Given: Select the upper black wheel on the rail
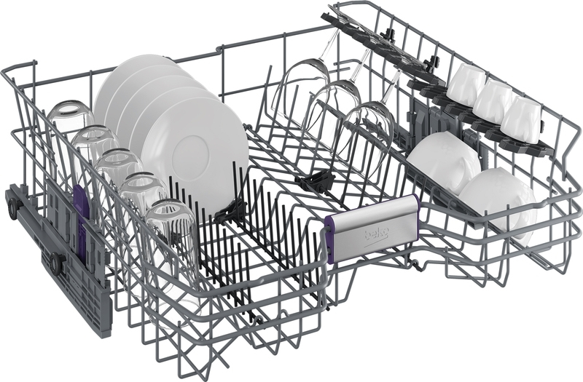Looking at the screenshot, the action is tap(14, 206).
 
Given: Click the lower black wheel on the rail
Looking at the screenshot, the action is tap(57, 260).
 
